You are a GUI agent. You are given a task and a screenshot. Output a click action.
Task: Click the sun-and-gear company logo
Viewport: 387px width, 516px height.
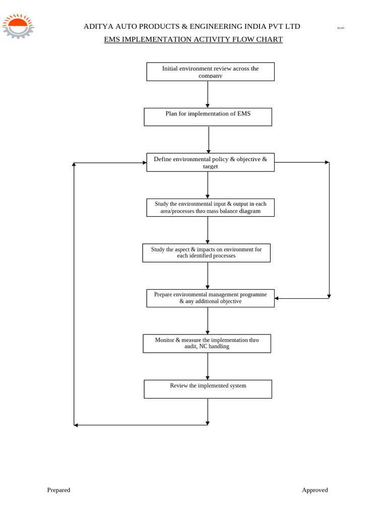tap(18, 26)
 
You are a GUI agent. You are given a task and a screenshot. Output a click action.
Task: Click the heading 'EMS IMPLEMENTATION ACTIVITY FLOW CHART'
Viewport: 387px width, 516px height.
tap(193, 39)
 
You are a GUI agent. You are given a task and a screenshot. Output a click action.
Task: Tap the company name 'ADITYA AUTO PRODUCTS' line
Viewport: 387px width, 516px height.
tap(191, 26)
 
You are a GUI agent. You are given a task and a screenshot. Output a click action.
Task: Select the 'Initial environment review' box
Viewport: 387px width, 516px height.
tap(210, 72)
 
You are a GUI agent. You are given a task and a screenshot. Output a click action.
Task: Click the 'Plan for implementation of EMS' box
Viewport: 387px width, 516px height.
tap(208, 117)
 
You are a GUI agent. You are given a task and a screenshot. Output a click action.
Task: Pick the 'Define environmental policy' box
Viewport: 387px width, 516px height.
tap(210, 162)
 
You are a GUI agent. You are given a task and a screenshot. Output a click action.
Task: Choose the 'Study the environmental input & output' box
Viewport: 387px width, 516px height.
tap(210, 208)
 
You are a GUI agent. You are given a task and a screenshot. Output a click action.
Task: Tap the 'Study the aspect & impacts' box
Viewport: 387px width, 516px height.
tap(206, 253)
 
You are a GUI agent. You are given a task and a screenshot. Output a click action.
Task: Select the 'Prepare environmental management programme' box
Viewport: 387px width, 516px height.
tap(210, 298)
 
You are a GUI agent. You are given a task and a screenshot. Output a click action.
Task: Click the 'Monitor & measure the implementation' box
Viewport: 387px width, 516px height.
tap(207, 344)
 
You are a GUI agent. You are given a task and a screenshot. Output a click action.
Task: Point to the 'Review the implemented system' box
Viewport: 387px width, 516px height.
tap(208, 389)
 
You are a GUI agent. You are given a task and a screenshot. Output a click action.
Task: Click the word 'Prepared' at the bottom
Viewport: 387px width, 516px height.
tap(58, 490)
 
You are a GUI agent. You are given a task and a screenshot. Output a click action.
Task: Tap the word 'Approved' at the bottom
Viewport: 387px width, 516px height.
tap(314, 490)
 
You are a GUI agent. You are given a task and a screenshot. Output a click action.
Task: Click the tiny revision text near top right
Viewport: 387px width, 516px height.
tap(341, 28)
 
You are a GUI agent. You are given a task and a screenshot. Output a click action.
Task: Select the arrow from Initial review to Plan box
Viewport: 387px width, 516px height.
tap(208, 94)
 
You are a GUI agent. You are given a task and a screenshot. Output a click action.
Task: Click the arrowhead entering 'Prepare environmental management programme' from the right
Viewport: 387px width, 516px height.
tap(277, 298)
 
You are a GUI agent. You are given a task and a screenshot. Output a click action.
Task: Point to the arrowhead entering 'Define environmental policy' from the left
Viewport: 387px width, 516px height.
tap(145, 163)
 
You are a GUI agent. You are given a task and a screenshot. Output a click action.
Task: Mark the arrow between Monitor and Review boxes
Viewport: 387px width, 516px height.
tap(207, 366)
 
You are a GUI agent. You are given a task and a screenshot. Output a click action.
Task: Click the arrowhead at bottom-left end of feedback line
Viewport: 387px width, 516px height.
tap(76, 425)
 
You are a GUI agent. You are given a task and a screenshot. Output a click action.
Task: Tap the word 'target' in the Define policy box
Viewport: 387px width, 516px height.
tap(210, 166)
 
